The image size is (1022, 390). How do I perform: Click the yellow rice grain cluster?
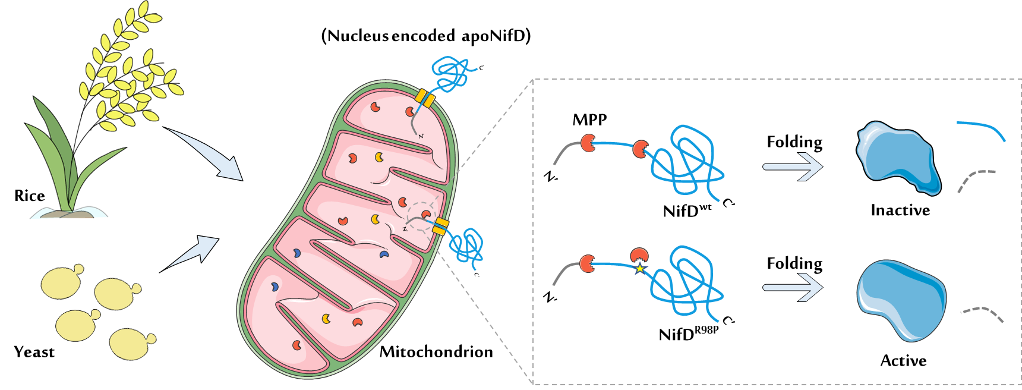128,68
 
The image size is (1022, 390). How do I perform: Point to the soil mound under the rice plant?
68,213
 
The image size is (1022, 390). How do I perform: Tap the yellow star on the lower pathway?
639,269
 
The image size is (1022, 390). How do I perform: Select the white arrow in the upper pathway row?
793,166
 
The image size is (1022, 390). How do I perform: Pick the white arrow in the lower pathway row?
793,288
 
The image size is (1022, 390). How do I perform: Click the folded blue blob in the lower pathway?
901,300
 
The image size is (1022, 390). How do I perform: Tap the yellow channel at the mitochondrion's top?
424,98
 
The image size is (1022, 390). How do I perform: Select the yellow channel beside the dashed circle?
440,226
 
